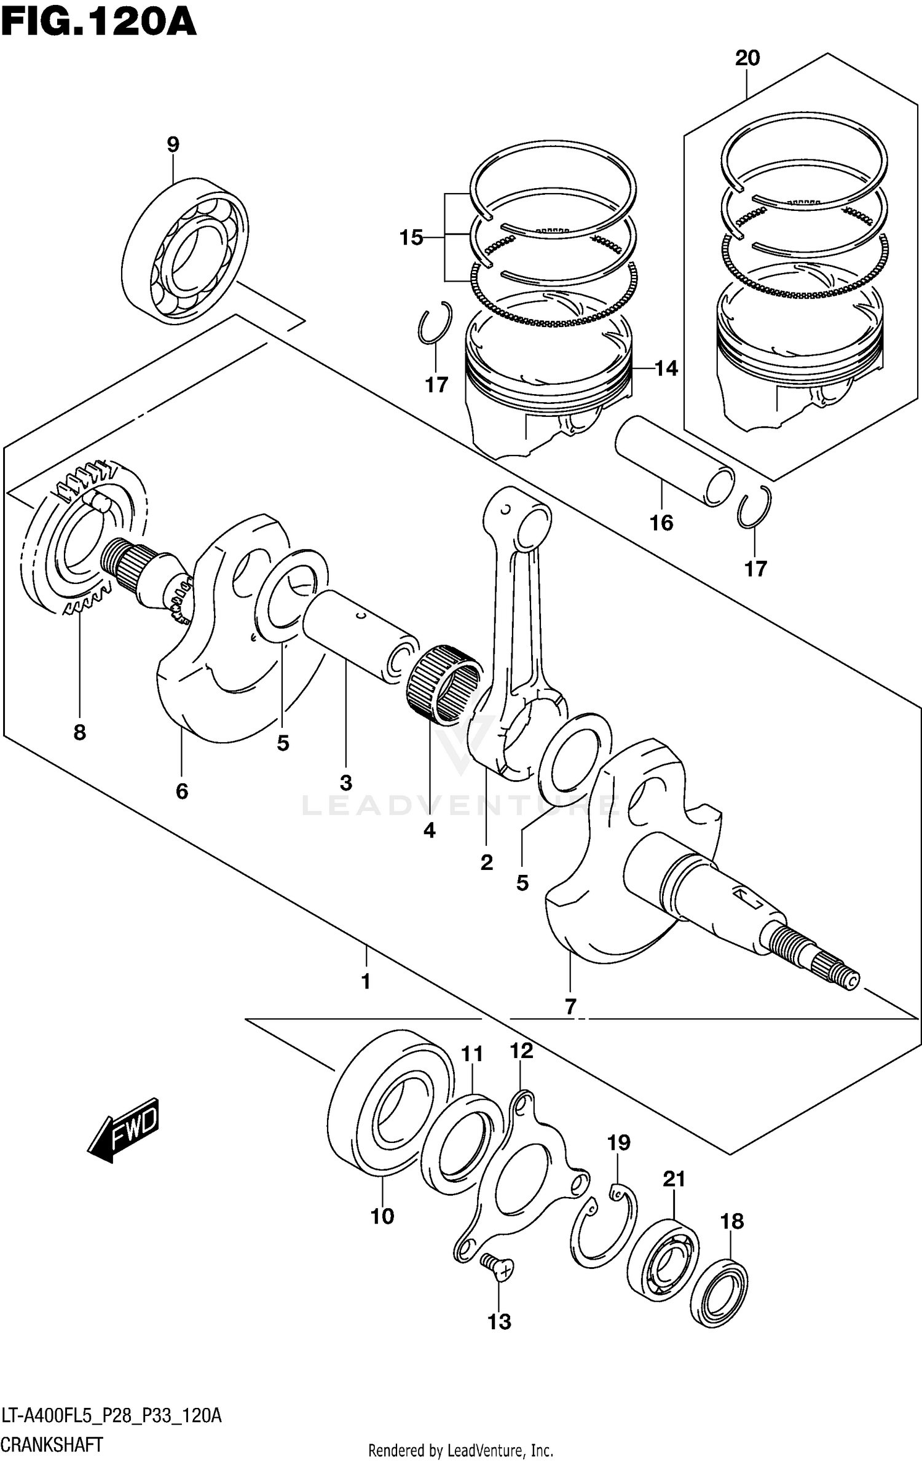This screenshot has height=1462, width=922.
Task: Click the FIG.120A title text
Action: tap(98, 23)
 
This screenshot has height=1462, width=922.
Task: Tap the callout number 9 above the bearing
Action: tap(173, 145)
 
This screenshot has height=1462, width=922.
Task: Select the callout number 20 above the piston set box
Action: tap(747, 58)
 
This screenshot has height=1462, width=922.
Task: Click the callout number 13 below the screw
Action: tap(499, 1321)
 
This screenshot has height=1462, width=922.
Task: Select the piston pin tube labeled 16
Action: tap(675, 460)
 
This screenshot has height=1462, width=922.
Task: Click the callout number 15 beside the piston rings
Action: tap(411, 237)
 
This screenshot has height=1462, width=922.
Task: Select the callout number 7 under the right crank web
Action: tap(570, 1007)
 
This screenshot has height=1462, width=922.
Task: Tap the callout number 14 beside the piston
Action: tap(666, 369)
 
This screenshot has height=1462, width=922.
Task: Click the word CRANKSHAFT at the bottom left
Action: tap(52, 1445)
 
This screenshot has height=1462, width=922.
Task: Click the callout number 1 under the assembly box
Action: tap(366, 981)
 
